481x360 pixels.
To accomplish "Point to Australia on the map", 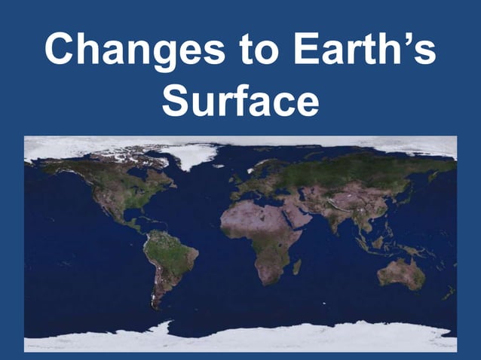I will tap(401, 273).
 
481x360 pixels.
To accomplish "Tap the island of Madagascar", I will tap(297, 267).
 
